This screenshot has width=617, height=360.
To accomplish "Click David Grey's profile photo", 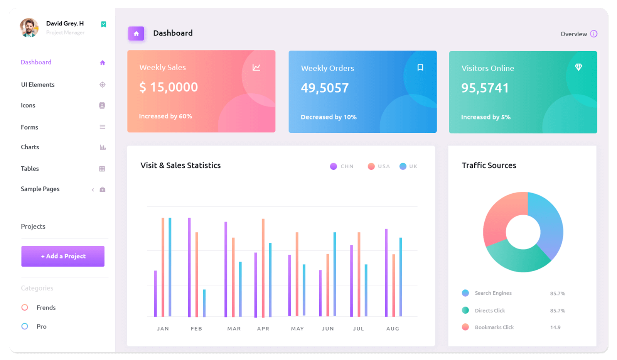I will [x=29, y=28].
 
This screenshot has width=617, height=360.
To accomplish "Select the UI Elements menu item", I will [x=38, y=85].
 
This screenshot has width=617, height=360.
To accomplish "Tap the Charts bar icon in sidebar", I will [x=103, y=147].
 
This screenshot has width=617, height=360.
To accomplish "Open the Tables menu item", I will [x=30, y=169].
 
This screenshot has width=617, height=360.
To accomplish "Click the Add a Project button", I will [x=63, y=256].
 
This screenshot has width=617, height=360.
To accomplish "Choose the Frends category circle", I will [x=25, y=308].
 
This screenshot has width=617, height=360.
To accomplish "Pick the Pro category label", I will [x=42, y=326].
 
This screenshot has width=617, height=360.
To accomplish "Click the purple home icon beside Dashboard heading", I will [x=136, y=34].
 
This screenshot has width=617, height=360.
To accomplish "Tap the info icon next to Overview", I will [x=594, y=34].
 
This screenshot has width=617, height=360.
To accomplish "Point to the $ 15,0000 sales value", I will [x=169, y=87].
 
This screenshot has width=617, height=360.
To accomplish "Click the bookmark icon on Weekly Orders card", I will [x=420, y=68].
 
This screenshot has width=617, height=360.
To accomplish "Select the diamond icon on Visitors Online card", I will [x=578, y=67].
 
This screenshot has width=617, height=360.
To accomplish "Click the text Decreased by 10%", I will [x=329, y=117].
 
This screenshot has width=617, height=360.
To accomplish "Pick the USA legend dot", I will [x=371, y=166].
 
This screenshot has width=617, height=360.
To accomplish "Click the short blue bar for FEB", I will [x=204, y=303].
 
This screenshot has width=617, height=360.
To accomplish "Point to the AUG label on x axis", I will [x=393, y=329].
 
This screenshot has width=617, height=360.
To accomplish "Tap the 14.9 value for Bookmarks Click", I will [x=555, y=327].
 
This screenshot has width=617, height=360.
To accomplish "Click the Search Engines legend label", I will [x=493, y=293].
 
